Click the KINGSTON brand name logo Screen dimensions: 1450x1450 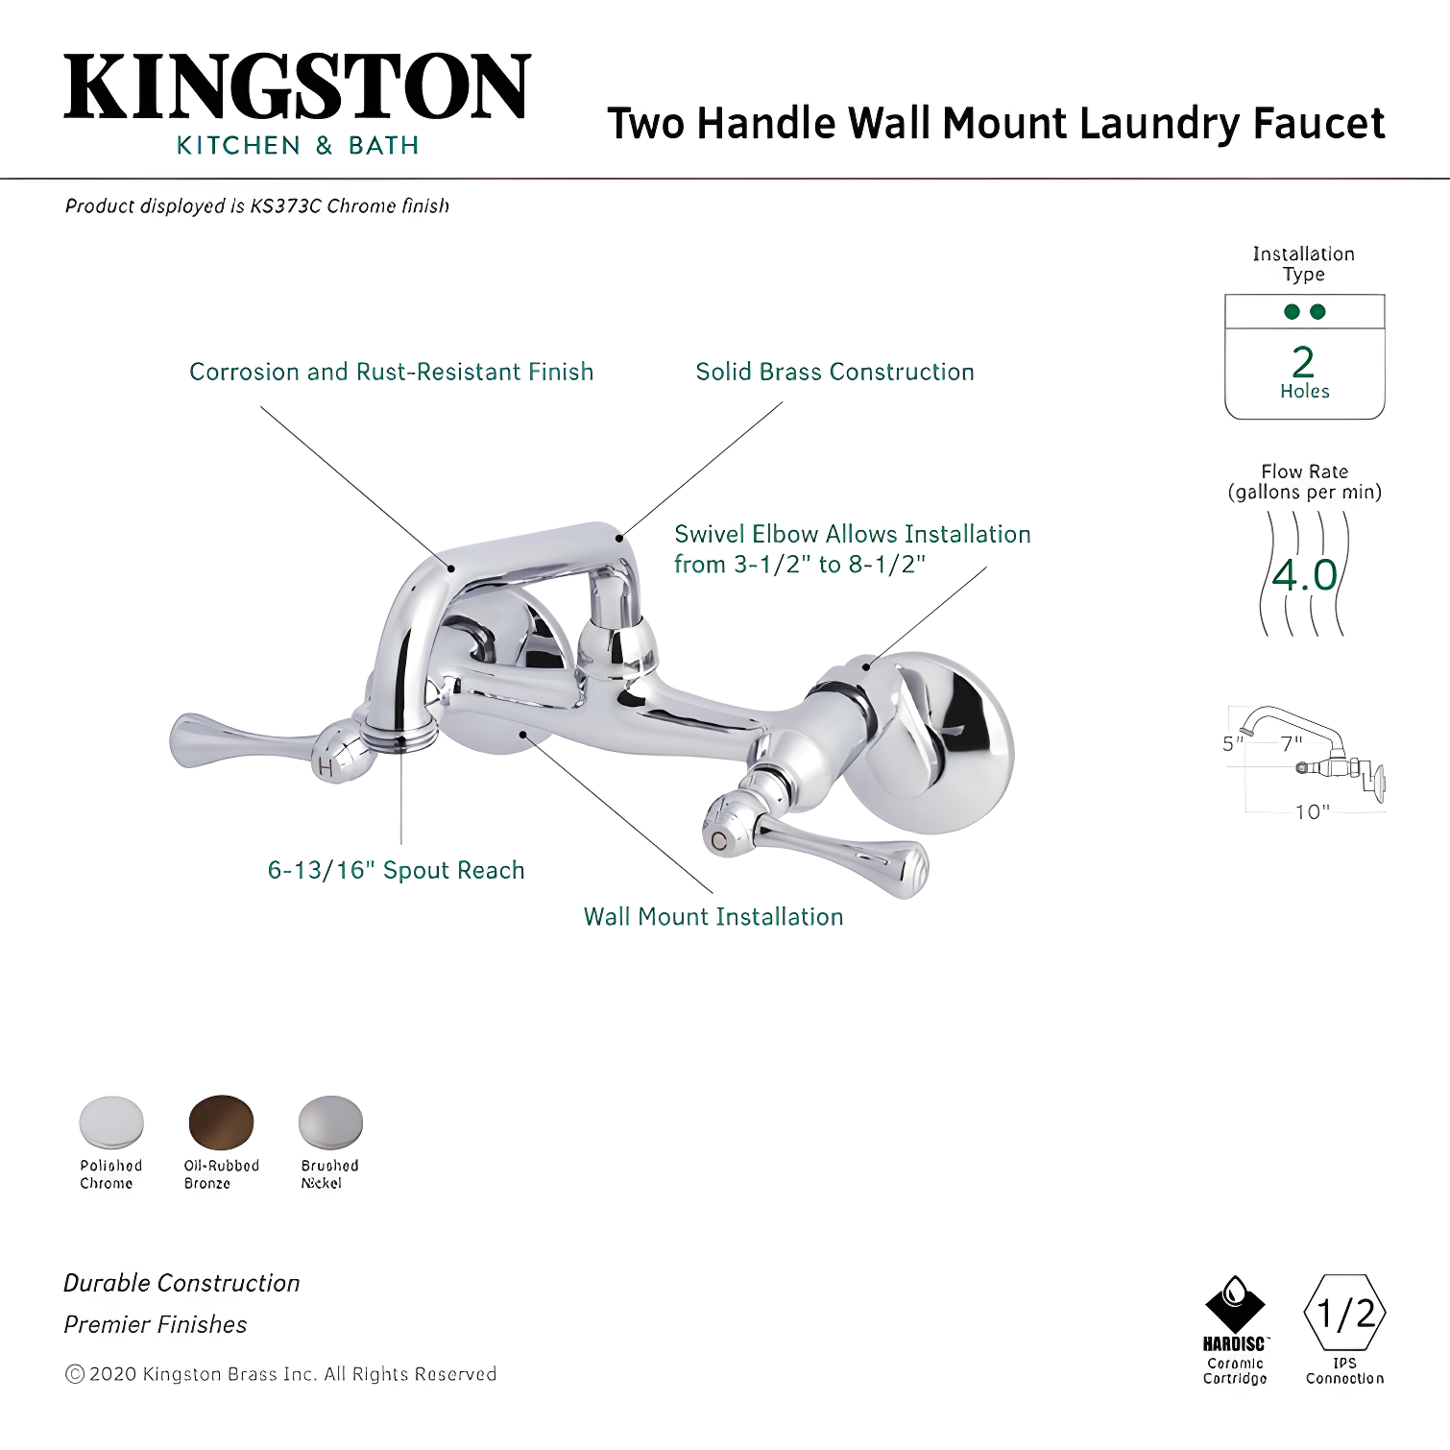tap(297, 87)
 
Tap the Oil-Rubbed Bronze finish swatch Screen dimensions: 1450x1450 tap(221, 1122)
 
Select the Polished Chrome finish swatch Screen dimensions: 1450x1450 tap(111, 1122)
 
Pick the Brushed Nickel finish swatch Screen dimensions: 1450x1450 tap(330, 1122)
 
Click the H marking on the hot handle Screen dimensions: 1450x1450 tap(325, 767)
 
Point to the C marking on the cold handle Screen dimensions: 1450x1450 tap(718, 841)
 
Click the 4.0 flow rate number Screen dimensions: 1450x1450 tap(1304, 575)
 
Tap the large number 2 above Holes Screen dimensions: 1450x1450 tap(1303, 362)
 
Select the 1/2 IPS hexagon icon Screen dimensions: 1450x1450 tap(1344, 1313)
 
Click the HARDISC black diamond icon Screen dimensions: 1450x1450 tap(1235, 1305)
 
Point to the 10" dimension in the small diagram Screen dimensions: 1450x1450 tap(1312, 812)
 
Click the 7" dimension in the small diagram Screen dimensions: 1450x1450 tap(1291, 743)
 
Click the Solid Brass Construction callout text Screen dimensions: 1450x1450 tap(834, 372)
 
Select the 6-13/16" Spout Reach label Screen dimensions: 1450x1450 tap(396, 870)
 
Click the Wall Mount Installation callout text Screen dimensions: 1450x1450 tap(713, 917)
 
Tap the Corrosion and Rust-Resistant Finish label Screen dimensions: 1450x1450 tap(391, 372)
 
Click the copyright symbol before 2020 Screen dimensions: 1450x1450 tap(74, 1374)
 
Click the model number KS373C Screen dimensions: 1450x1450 tap(285, 205)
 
